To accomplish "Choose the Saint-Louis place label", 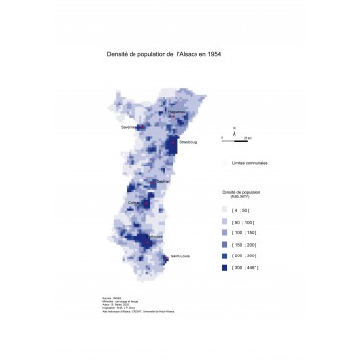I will pyautogui.click(x=180, y=255).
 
